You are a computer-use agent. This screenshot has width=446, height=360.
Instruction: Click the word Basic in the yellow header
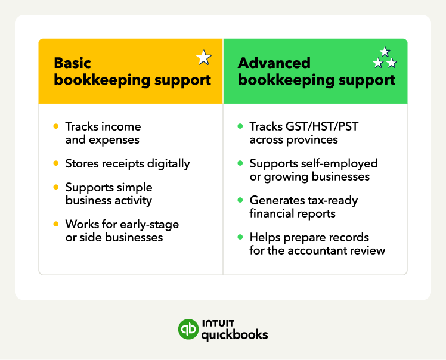pyautogui.click(x=73, y=63)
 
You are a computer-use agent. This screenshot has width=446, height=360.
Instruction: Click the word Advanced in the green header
pyautogui.click(x=274, y=63)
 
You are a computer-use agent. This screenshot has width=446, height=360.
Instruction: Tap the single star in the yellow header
pyautogui.click(x=204, y=57)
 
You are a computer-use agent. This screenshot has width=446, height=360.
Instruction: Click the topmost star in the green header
pyautogui.click(x=385, y=52)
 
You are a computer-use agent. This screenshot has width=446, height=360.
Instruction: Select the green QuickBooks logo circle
pyautogui.click(x=188, y=329)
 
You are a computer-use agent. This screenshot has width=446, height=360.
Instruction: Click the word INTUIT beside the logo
pyautogui.click(x=218, y=323)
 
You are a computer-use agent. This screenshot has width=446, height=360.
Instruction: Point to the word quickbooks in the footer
pyautogui.click(x=235, y=335)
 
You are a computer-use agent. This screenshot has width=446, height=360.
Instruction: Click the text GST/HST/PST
pyautogui.click(x=322, y=126)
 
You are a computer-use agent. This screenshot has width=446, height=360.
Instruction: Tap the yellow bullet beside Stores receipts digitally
pyautogui.click(x=56, y=163)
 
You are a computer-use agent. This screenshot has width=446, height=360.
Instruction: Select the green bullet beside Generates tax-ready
pyautogui.click(x=240, y=200)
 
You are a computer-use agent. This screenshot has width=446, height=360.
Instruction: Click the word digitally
pyautogui.click(x=168, y=164)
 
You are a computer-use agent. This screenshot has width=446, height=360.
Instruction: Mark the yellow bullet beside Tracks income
pyautogui.click(x=56, y=126)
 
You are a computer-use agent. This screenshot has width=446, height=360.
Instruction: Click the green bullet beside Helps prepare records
pyautogui.click(x=240, y=237)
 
